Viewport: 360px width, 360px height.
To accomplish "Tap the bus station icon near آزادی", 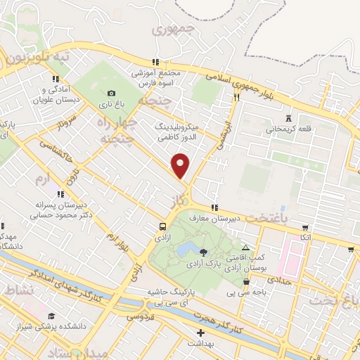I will (x=163, y=226).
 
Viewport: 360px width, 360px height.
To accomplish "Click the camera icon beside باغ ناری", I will (x=111, y=93).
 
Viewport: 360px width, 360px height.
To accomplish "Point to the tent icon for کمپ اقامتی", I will (x=245, y=248).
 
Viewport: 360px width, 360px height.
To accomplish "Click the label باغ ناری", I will (x=110, y=104).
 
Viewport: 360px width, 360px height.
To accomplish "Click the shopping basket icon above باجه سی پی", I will (x=245, y=282).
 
